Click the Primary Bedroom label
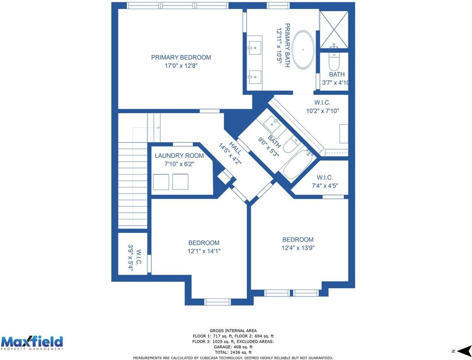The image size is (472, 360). pyautogui.click(x=181, y=57)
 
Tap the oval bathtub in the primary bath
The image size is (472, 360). pyautogui.click(x=303, y=49)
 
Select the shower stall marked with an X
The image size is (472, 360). pyautogui.click(x=334, y=30)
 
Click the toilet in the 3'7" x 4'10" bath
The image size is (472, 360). pyautogui.click(x=334, y=61)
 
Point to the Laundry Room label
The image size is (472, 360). pyautogui.click(x=179, y=156)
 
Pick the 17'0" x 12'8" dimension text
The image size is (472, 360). pyautogui.click(x=181, y=66)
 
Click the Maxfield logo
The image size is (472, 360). pyautogui.click(x=32, y=343)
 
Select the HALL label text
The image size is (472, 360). pyautogui.click(x=235, y=148)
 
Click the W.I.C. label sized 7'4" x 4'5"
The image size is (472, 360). pyautogui.click(x=325, y=177)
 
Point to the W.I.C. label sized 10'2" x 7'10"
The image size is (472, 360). pyautogui.click(x=322, y=102)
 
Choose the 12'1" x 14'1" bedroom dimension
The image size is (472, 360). pyautogui.click(x=204, y=251)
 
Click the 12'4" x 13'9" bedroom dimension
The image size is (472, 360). pyautogui.click(x=298, y=248)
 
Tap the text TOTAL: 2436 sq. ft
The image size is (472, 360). pyautogui.click(x=233, y=352)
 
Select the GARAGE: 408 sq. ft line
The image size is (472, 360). pyautogui.click(x=233, y=347)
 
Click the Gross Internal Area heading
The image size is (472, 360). pyautogui.click(x=233, y=331)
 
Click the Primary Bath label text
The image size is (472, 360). pyautogui.click(x=287, y=45)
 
